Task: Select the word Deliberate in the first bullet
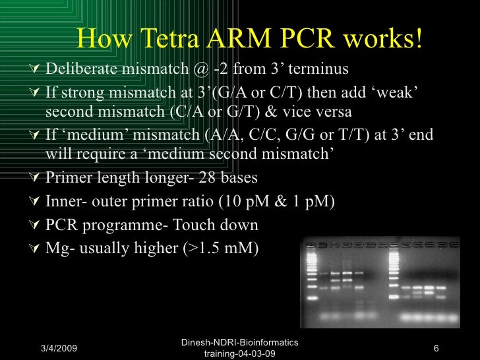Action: point(82,70)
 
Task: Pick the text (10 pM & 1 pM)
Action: point(277,202)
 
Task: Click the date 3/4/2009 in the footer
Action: point(57,347)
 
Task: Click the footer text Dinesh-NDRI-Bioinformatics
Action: point(240,342)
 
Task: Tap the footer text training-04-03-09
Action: point(240,353)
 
